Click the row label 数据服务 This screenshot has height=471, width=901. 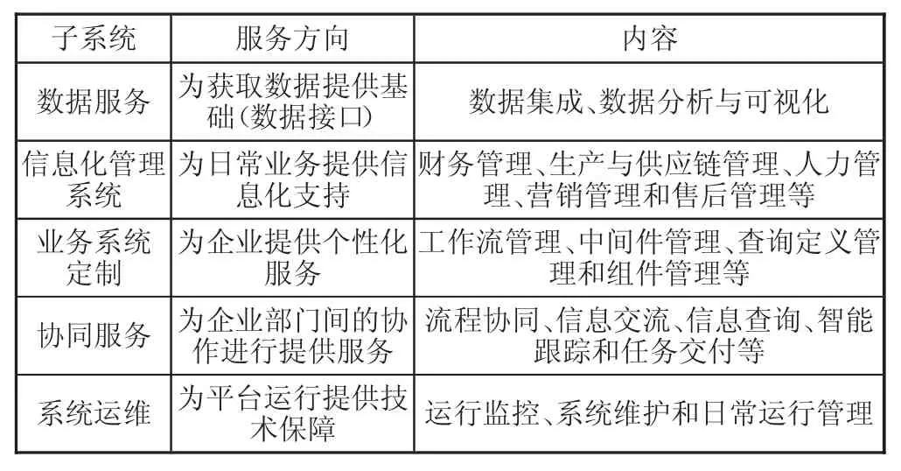(x=94, y=102)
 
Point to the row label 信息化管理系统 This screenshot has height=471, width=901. (x=94, y=179)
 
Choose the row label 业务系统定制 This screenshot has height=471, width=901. (x=94, y=257)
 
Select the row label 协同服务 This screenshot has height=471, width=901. (x=94, y=336)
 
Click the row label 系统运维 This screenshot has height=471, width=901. (x=94, y=414)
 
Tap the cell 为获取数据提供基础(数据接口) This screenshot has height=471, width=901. (x=292, y=102)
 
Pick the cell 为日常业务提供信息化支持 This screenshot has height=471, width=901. (x=292, y=179)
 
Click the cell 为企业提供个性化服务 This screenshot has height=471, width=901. (x=292, y=257)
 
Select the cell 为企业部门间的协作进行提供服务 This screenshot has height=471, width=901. (x=292, y=336)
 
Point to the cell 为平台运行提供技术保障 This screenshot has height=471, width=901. (x=292, y=414)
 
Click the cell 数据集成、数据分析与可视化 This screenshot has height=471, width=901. (x=649, y=102)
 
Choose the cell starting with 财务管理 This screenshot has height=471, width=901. (x=649, y=179)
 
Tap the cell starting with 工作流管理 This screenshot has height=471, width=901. (x=649, y=257)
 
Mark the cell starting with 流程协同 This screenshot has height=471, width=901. (x=649, y=336)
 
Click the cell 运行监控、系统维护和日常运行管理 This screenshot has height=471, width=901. (x=649, y=414)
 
